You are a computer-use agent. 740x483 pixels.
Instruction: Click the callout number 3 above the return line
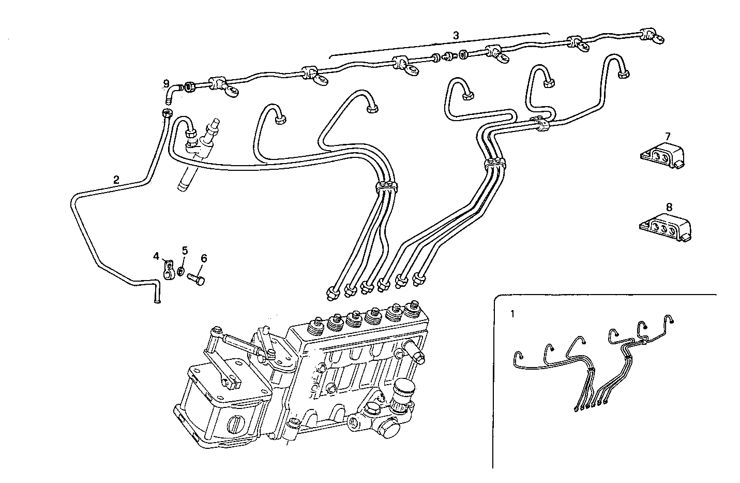coord(455,36)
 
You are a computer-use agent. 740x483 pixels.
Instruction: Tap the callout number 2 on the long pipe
coord(116,180)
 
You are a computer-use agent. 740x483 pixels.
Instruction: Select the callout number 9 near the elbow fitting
coord(166,83)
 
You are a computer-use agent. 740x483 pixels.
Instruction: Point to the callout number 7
coord(668,136)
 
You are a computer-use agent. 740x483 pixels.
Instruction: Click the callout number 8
coord(669,207)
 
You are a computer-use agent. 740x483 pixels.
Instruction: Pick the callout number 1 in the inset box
coord(512,313)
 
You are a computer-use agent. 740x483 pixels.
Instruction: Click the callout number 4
coord(157,256)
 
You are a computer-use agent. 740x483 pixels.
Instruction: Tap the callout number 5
coord(185,251)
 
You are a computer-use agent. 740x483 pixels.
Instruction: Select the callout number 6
coord(203,258)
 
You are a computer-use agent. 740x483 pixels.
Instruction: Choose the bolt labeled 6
coord(197,280)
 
